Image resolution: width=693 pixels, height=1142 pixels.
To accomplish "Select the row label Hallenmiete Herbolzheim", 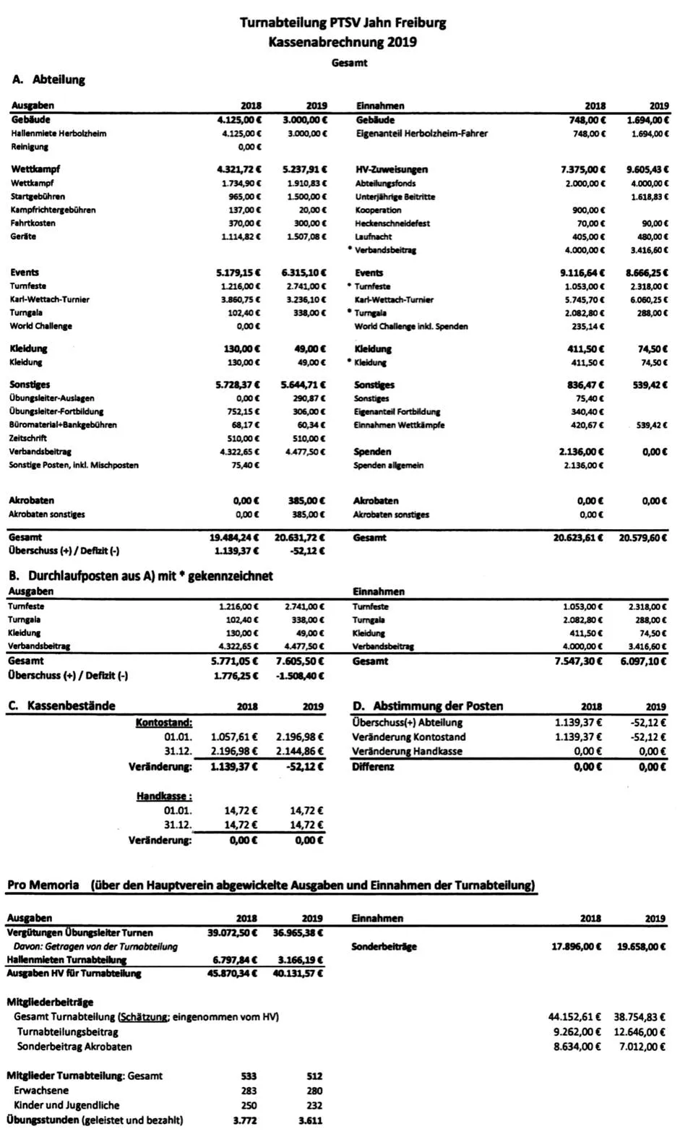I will [x=59, y=134].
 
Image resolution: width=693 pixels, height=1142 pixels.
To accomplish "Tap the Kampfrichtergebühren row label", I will [x=53, y=210].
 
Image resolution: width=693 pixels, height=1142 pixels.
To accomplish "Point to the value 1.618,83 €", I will [x=650, y=197].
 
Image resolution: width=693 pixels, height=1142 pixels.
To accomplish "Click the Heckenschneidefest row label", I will [x=392, y=223].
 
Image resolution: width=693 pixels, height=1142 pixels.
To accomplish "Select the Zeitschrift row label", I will [x=28, y=439].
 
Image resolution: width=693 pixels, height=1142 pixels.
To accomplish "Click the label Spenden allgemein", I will [x=388, y=465].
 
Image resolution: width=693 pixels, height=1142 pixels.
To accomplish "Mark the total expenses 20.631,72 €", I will [x=300, y=538].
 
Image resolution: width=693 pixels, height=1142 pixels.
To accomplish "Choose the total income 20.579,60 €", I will [x=642, y=538].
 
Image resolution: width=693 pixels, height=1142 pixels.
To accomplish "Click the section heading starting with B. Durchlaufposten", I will [x=141, y=576].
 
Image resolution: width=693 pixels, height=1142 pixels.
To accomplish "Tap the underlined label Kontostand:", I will [x=164, y=722].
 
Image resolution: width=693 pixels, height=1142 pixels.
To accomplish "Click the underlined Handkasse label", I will [x=164, y=797].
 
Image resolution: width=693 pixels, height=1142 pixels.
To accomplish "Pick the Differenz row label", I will [x=373, y=766].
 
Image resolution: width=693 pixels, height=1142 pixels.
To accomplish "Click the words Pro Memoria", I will [x=43, y=885].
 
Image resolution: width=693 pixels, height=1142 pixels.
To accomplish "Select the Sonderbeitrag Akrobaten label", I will [x=74, y=1047].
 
